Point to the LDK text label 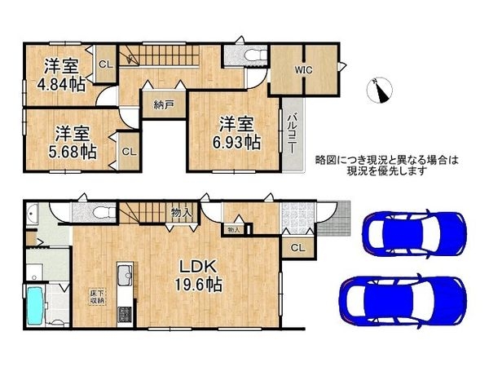(196, 267)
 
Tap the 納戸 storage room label (163, 104)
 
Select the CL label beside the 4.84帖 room (105, 64)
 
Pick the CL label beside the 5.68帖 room (129, 152)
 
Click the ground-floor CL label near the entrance (297, 246)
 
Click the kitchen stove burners (124, 313)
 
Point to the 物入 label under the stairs (181, 213)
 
